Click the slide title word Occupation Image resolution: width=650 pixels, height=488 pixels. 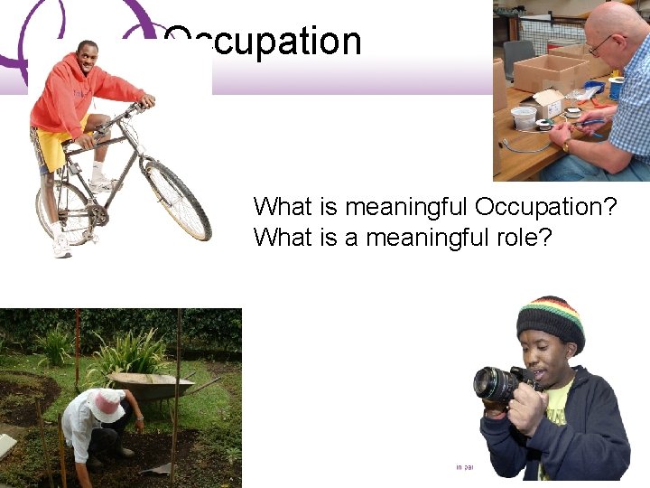263,42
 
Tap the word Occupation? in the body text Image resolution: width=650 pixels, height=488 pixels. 545,206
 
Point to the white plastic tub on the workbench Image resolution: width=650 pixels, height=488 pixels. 524,118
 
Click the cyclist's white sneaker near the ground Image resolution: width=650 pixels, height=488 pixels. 60,248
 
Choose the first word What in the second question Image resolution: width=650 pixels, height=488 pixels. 277,238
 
